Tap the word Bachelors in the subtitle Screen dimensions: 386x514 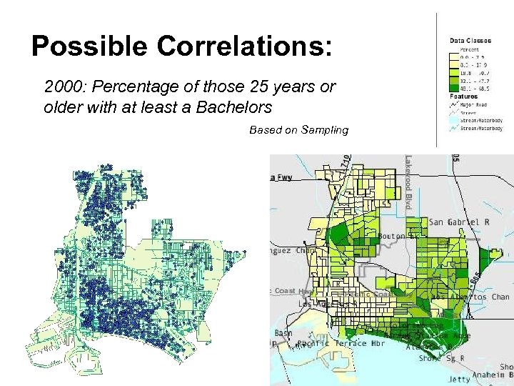[x=238, y=108]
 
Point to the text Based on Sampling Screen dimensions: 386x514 [x=298, y=129]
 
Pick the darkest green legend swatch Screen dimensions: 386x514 [x=454, y=89]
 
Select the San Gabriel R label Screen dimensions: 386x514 [x=459, y=222]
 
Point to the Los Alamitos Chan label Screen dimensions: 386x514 [x=471, y=297]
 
